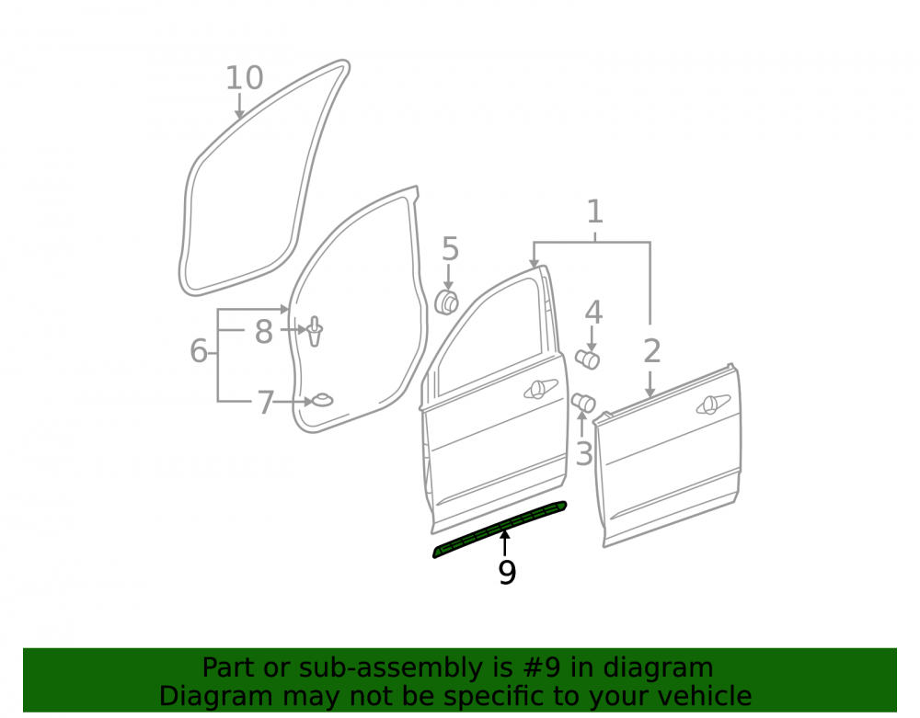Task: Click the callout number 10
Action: pos(245,78)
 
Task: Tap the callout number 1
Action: pos(595,211)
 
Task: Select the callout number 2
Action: pos(652,351)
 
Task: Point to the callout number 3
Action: pos(584,453)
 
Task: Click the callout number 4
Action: pos(593,313)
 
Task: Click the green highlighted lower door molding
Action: pos(500,530)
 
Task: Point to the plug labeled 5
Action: pos(446,302)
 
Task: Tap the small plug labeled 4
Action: pos(587,359)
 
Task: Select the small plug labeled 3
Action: pos(584,403)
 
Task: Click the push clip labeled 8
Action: pos(315,332)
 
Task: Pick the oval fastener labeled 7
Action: pos(322,400)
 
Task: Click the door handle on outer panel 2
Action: pos(713,405)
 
